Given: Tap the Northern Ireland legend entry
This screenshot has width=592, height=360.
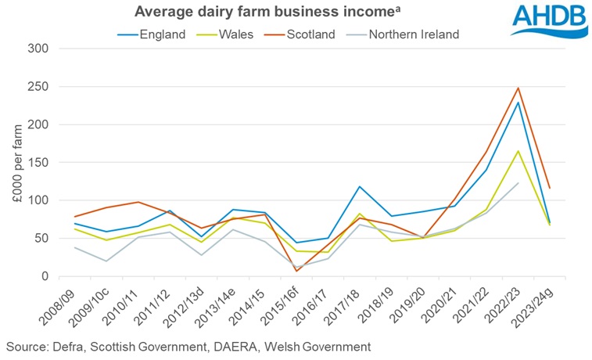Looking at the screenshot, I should [413, 34].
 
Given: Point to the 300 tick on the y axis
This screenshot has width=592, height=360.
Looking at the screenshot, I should [38, 49].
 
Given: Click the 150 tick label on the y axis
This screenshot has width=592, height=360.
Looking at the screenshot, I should [38, 124].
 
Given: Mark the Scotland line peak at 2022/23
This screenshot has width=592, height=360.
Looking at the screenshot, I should [518, 88].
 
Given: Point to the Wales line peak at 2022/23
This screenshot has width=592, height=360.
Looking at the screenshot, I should [518, 151].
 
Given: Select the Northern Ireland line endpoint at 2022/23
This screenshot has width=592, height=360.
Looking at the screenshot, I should [518, 183].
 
